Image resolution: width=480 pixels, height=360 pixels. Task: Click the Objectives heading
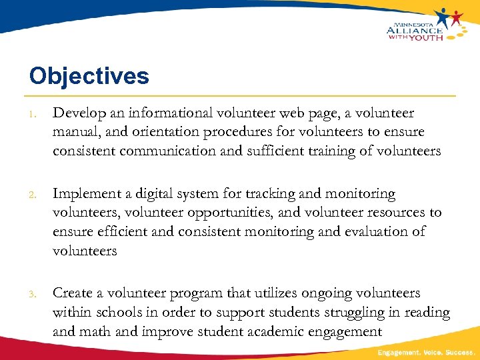tap(89, 76)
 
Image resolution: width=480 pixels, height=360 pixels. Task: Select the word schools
tap(119, 312)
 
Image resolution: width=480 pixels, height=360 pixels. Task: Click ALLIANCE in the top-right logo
tap(414, 29)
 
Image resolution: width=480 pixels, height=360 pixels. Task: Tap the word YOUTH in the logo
tap(424, 37)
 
